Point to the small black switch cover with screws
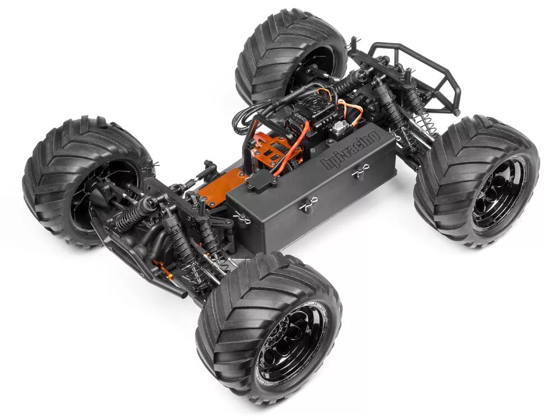point(261,179)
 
